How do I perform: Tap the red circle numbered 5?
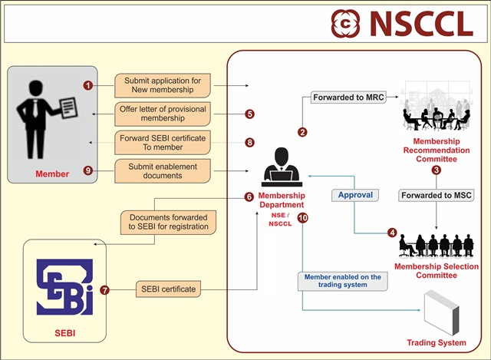coord(249,114)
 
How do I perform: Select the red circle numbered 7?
coord(105,290)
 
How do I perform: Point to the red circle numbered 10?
coord(303,219)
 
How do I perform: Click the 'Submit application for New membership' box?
coord(162,85)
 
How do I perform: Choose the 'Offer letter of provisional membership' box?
coord(162,114)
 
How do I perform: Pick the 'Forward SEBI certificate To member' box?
coord(162,142)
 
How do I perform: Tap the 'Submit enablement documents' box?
coord(162,170)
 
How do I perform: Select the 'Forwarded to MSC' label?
coord(435,195)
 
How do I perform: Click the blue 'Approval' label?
coord(355,195)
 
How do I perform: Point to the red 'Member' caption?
coord(52,174)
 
